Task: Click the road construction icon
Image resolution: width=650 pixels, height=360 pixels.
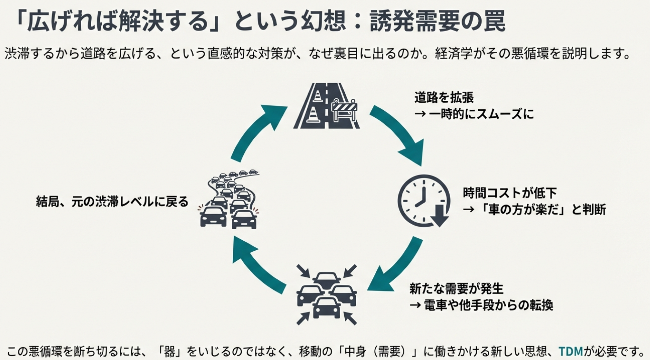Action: pyautogui.click(x=326, y=106)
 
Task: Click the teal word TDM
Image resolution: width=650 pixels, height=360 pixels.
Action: pyautogui.click(x=571, y=351)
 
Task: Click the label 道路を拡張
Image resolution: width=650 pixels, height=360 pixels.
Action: pyautogui.click(x=444, y=97)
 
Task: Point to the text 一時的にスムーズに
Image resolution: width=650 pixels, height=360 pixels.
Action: pyautogui.click(x=481, y=114)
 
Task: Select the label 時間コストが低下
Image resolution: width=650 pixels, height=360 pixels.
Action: pyautogui.click(x=510, y=193)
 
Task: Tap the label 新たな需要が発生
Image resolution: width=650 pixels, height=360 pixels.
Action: pyautogui.click(x=456, y=288)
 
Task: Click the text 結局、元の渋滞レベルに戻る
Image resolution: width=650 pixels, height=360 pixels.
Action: pyautogui.click(x=112, y=202)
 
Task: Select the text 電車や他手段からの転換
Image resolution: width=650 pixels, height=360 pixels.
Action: pyautogui.click(x=488, y=305)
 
